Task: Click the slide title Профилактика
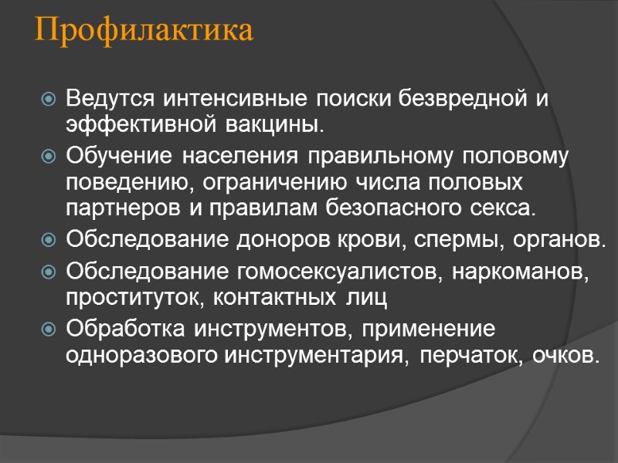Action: (144, 32)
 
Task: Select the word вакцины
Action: (282, 123)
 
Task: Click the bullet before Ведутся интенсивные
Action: (49, 100)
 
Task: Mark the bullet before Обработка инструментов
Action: (49, 330)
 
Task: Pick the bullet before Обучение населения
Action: (49, 158)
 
